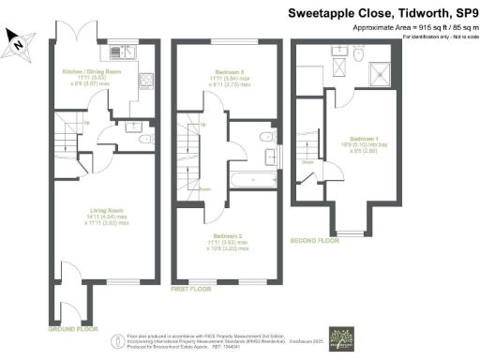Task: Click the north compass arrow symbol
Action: (16, 39)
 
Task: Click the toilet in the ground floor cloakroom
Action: (142, 140)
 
